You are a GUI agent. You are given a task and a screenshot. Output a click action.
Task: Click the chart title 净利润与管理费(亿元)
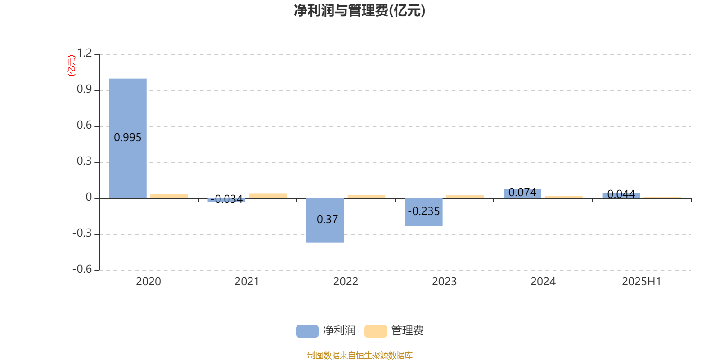pos(360,11)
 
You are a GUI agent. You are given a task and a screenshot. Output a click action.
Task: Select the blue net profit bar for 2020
pos(128,138)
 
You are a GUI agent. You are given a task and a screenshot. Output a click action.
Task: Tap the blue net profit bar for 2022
pos(325,220)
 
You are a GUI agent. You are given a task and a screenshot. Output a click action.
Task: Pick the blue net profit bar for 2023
pos(423,212)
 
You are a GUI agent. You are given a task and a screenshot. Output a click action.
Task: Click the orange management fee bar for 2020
pos(169,196)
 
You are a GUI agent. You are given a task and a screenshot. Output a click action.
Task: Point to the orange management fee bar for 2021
pos(268,196)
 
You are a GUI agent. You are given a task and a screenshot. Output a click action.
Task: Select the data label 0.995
pos(128,138)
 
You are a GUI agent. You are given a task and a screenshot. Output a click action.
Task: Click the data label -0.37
pos(325,219)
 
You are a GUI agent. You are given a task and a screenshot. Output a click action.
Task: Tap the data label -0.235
pos(423,211)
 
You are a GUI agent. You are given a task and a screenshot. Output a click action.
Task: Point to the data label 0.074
pos(522,192)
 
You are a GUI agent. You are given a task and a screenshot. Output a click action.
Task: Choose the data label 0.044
pos(621,194)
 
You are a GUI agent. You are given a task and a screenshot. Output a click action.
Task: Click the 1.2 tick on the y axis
pos(84,53)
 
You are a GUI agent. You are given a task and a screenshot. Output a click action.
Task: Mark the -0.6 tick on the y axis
pos(82,269)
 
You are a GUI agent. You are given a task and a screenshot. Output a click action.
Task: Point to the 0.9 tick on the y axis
pos(84,89)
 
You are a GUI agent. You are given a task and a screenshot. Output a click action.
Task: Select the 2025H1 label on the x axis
pos(642,282)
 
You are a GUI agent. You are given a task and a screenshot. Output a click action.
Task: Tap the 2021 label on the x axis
pos(247,282)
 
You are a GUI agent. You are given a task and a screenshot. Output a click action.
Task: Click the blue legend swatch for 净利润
pos(307,331)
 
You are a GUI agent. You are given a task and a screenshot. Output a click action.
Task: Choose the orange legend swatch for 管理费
pos(375,331)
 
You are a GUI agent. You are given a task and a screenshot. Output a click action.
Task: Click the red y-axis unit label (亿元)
pos(72,66)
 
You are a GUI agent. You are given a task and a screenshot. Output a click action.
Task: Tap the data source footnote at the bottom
pos(360,355)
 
